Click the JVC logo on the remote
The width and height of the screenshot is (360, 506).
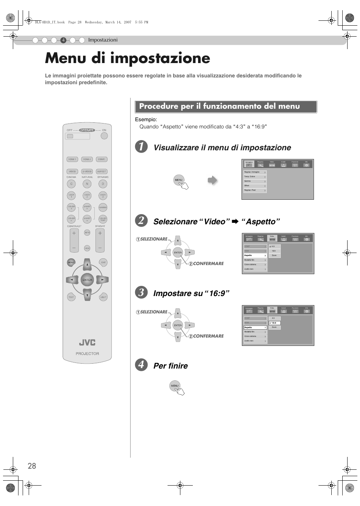point(87,342)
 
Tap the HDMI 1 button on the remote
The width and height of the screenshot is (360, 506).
point(72,159)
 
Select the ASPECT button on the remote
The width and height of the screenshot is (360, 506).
point(102,171)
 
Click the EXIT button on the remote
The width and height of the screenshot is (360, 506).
point(103,262)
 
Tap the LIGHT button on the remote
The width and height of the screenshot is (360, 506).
point(103,297)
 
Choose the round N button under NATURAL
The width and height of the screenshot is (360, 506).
point(87,184)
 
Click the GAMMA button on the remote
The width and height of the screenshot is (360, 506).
point(103,207)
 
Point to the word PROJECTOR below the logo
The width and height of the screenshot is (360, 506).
point(87,354)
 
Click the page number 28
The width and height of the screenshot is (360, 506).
point(32,466)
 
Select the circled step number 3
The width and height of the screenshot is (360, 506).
point(141,293)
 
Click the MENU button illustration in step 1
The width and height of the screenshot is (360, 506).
point(178,180)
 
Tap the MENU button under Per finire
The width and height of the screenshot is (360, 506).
point(175,386)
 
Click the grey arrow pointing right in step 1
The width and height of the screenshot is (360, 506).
point(212,180)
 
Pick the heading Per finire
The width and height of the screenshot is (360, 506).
point(171,366)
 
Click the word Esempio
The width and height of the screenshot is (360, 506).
point(146,120)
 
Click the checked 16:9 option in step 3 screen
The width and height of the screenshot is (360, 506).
point(274,323)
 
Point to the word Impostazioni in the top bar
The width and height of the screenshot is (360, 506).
point(103,40)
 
